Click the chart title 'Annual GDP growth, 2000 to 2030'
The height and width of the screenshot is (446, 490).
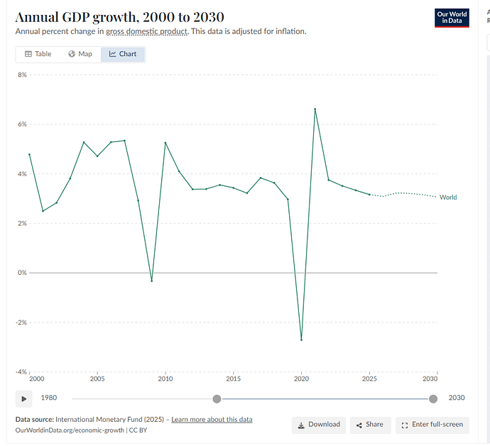[x=120, y=17]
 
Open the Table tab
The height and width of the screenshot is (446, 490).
[x=38, y=54]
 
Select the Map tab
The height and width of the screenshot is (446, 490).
[x=80, y=54]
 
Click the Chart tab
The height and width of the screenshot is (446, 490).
[x=123, y=54]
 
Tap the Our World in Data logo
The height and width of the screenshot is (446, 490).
[x=452, y=18]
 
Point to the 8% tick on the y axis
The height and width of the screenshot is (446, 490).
[x=21, y=75]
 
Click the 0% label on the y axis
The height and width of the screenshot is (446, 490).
[x=21, y=273]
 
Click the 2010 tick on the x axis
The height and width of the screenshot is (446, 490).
[x=165, y=379]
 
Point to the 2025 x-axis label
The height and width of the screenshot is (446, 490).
[x=369, y=379]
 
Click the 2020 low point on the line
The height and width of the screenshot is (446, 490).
[x=301, y=339]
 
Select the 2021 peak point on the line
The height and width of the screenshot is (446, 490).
[x=315, y=109]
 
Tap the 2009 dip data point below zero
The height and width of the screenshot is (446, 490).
[x=151, y=281]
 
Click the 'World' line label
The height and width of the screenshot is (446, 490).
[x=448, y=197]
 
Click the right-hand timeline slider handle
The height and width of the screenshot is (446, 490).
[x=433, y=398]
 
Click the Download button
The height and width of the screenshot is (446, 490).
[x=319, y=425]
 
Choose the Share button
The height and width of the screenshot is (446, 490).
[x=369, y=425]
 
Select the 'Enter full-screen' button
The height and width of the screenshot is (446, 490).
[x=432, y=425]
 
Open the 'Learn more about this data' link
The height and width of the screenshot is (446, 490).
[x=212, y=420]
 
